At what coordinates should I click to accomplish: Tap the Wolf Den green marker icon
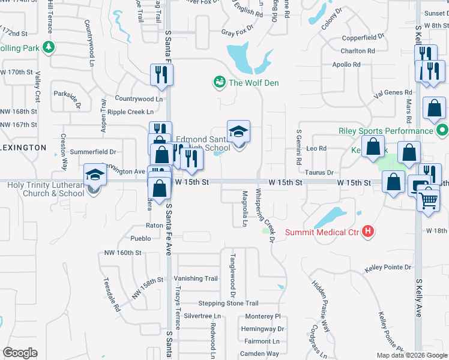coord(220,82)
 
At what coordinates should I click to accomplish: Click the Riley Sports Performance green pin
coord(442,130)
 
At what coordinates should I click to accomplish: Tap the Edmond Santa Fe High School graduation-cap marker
coord(238,131)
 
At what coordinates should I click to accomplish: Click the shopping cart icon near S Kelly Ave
coord(428,197)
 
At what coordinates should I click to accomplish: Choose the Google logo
coord(20,352)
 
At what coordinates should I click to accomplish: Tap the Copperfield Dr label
coord(363,37)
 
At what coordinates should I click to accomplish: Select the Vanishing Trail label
coord(196,278)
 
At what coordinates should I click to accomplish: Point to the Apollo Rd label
coord(346,64)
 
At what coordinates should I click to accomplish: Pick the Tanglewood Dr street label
coord(232,275)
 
